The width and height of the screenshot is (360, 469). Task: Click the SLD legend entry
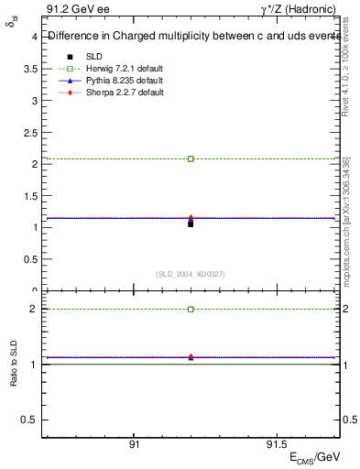click(x=92, y=56)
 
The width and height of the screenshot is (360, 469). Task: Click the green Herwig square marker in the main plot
click(x=191, y=158)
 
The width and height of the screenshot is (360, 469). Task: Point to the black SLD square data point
click(x=191, y=224)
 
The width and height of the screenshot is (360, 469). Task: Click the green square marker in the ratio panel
click(x=191, y=310)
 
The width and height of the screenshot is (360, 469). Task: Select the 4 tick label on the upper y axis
click(x=34, y=38)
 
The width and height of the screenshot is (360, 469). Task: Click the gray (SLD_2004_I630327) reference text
click(x=191, y=275)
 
